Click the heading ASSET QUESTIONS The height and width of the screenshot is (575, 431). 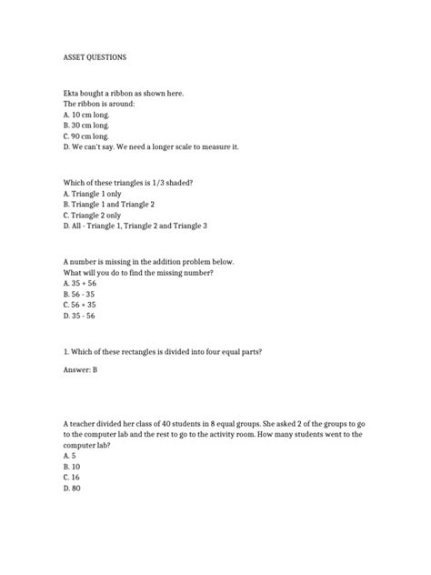click(95, 57)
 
